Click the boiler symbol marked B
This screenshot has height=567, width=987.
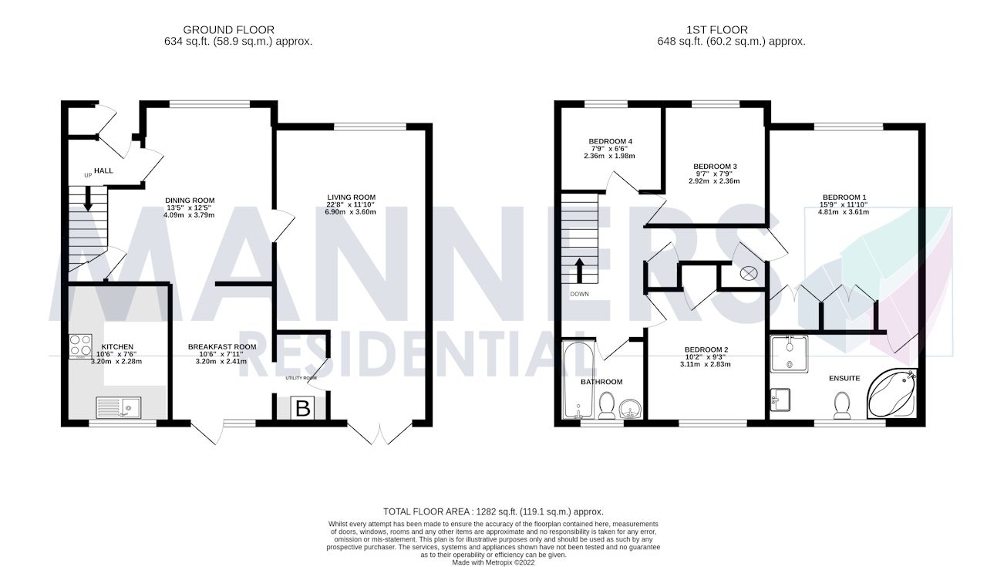[x=303, y=409]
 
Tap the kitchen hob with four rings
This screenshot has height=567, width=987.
[x=81, y=345]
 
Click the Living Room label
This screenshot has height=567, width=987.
[x=351, y=197]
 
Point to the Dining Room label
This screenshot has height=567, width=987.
[x=190, y=201]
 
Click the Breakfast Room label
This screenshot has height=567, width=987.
[x=222, y=347]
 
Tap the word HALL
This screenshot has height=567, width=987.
[x=104, y=170]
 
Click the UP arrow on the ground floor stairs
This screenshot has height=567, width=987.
[x=88, y=199]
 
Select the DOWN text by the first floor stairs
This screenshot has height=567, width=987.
[x=579, y=294]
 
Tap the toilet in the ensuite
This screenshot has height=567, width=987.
[x=842, y=403]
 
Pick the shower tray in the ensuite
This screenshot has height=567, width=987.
[x=789, y=355]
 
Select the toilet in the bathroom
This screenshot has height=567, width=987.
[x=607, y=405]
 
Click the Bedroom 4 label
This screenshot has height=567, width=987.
[x=611, y=141]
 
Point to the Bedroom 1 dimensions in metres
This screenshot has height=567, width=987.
[x=844, y=212]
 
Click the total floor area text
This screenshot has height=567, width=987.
[x=493, y=511]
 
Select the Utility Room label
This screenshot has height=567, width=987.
[x=301, y=378]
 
